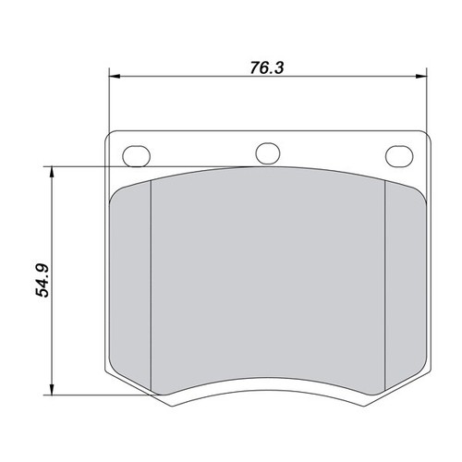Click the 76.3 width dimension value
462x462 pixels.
(x=267, y=68)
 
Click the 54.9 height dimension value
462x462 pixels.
(x=43, y=280)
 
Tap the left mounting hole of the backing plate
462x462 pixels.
(x=137, y=156)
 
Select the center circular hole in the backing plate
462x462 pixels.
(x=268, y=153)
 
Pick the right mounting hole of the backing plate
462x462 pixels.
(x=399, y=156)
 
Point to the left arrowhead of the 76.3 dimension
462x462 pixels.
(x=115, y=76)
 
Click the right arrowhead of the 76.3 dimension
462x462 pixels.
(x=421, y=76)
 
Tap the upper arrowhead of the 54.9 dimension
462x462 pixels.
(x=52, y=171)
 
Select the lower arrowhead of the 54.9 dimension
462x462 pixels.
(x=52, y=390)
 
